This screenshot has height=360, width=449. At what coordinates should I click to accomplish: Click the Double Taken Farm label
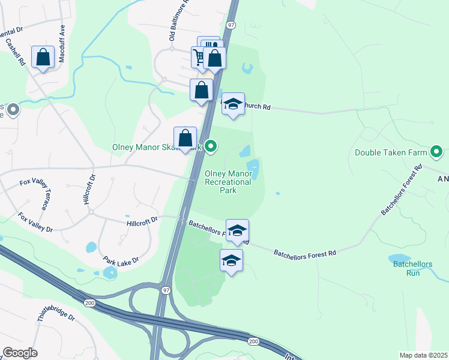[x=390, y=153]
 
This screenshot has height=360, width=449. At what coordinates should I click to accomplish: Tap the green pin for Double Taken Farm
[x=437, y=151]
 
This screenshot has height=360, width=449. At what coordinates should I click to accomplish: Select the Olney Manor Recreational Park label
[x=228, y=182]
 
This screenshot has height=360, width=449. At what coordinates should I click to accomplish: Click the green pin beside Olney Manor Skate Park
[x=211, y=146]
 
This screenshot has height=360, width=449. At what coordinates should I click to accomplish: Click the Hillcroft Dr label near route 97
[x=142, y=221]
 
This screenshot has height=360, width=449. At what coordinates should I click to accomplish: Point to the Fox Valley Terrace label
[x=44, y=193]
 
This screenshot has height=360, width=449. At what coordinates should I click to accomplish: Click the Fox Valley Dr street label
[x=35, y=222]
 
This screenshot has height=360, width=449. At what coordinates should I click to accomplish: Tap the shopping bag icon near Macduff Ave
[x=43, y=58]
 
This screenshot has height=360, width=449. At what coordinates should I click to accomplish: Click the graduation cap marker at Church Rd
[x=233, y=104]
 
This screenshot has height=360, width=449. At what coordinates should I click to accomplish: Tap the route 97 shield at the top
[x=232, y=26]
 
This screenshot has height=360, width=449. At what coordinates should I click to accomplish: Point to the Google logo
[x=20, y=353]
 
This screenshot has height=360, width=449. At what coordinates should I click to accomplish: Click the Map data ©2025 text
[x=423, y=355]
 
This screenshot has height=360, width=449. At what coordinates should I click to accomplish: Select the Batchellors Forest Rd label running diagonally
[x=402, y=190]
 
